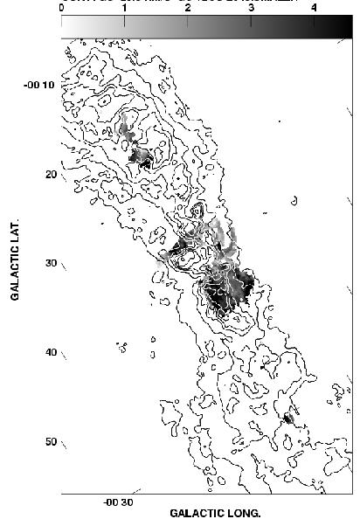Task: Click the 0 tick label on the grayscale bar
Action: point(62,6)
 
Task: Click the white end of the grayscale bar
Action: point(66,27)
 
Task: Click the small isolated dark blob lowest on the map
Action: point(287,419)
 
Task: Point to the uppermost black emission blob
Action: point(141,159)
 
